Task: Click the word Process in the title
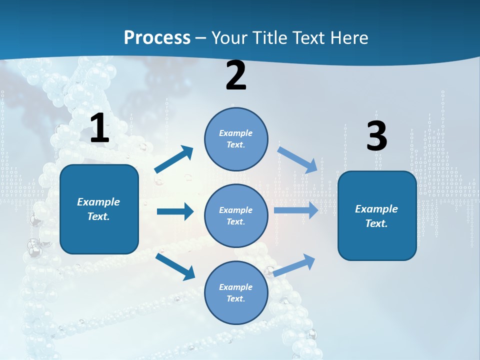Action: [x=157, y=37]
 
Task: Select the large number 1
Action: [x=99, y=128]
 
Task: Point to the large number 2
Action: [x=236, y=76]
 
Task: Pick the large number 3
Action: [x=376, y=136]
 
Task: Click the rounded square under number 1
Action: [x=99, y=209]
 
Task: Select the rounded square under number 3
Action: [x=377, y=215]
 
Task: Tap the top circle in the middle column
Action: [x=236, y=138]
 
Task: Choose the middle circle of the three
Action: [x=236, y=215]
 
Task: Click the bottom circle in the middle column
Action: [x=236, y=292]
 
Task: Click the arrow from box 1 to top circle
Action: [x=174, y=159]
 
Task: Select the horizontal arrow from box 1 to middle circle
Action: [x=175, y=211]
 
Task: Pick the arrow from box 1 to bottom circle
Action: [x=175, y=266]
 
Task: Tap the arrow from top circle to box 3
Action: [x=298, y=159]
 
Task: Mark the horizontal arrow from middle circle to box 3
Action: [x=296, y=210]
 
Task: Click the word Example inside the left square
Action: [x=98, y=202]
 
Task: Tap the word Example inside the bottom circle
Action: [x=235, y=287]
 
